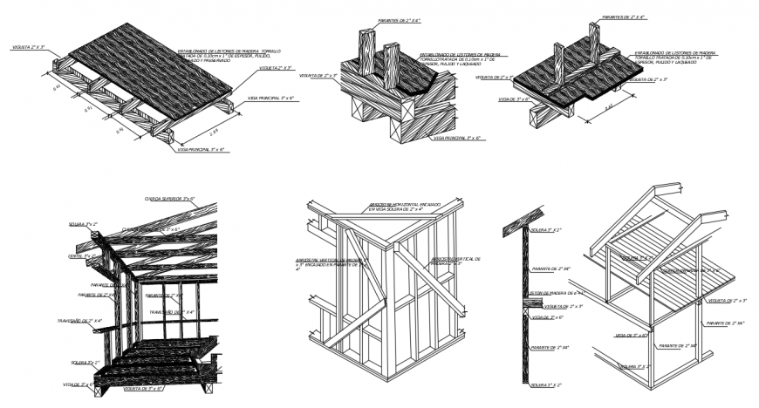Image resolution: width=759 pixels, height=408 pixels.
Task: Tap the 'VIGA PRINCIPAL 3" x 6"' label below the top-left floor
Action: [x=202, y=150]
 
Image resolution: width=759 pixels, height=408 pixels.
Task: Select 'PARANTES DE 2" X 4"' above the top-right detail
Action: [x=624, y=16]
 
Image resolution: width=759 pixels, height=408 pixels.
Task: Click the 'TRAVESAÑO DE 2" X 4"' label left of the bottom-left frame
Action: [x=80, y=321]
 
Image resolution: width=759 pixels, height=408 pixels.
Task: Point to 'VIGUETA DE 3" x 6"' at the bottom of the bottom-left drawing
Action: [x=144, y=388]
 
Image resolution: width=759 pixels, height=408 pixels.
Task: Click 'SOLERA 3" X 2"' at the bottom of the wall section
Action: [x=546, y=384]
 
